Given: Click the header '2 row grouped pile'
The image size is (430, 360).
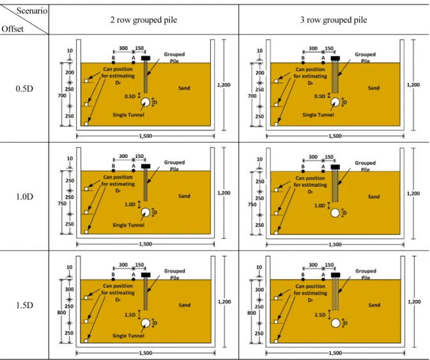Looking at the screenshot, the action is (143, 20).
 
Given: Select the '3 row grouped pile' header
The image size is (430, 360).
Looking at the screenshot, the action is (334, 20).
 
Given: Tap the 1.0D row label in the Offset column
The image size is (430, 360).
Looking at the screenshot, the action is (24, 196).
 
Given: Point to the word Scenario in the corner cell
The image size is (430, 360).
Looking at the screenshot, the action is (32, 11).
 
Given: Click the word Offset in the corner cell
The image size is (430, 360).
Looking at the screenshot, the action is (12, 29).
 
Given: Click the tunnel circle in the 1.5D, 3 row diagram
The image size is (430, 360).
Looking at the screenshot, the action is (335, 323).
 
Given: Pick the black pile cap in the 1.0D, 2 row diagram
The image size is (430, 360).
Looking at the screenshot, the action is (146, 166).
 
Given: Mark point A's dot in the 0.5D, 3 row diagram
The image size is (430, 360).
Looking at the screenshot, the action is (323, 63).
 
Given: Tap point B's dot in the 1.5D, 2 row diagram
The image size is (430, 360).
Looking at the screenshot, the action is (113, 279).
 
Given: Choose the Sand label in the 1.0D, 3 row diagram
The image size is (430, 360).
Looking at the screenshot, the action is (374, 197).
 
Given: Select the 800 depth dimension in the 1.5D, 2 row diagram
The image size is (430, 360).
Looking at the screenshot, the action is (61, 313).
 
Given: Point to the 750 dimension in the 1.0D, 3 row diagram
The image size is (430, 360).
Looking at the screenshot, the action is (252, 205).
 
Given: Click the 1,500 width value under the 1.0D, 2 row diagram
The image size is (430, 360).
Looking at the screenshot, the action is (146, 244).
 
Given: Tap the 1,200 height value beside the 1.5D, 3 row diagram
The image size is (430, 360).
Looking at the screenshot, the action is (414, 302).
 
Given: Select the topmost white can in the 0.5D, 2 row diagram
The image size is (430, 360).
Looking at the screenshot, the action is (86, 81).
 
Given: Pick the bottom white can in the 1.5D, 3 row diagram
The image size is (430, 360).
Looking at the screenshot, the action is (276, 341).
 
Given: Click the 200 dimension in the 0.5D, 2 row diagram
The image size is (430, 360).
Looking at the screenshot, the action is (70, 72).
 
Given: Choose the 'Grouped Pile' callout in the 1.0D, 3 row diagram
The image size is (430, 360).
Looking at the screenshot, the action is (365, 166).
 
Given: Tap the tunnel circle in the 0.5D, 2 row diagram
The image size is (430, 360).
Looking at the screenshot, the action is (145, 102).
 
